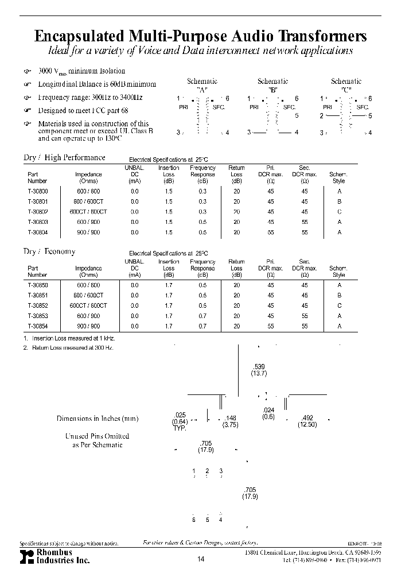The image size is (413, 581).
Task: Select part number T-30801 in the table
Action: [x=38, y=202]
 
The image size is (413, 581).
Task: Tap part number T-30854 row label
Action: [x=38, y=326]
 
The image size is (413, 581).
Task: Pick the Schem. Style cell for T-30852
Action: [x=338, y=305]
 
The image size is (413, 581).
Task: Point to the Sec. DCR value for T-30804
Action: [x=304, y=233]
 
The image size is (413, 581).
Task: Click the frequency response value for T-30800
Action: [x=202, y=191]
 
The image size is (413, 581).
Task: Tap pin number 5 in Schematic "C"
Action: [x=370, y=116]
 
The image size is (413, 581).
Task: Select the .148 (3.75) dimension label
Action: [x=231, y=421]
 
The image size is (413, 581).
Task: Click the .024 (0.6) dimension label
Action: [x=268, y=413]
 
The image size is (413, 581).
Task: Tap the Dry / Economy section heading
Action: [x=49, y=251]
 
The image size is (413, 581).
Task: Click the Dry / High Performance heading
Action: [x=64, y=157]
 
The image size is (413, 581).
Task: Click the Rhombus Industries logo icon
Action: [x=26, y=556]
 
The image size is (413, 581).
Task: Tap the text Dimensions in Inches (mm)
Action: [x=98, y=419]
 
